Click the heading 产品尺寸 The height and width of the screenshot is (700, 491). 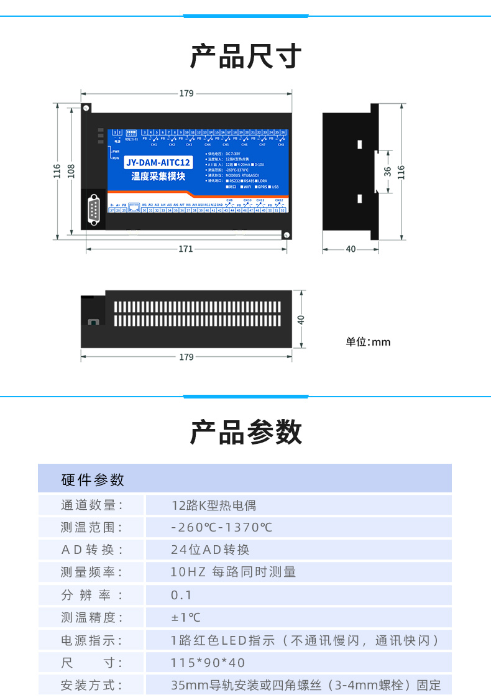tap(245, 57)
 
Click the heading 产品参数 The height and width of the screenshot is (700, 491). tap(245, 432)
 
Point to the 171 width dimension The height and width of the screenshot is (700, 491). tap(185, 249)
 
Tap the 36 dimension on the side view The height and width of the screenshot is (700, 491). tap(387, 171)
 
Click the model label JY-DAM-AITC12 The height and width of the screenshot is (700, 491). tap(158, 163)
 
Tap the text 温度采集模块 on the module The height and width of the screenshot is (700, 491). tap(158, 177)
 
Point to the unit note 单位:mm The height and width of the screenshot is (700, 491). tap(368, 342)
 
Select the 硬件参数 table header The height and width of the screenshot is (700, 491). tap(93, 480)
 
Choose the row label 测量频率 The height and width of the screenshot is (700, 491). tap(91, 573)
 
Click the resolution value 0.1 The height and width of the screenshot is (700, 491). tap(181, 595)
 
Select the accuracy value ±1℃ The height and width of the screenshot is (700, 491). tap(186, 617)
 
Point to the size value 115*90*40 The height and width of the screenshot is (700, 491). tap(208, 663)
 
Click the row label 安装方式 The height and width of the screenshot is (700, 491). tap(91, 686)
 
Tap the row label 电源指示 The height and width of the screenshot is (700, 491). tap(91, 640)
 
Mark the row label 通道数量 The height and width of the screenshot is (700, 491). tap(91, 505)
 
